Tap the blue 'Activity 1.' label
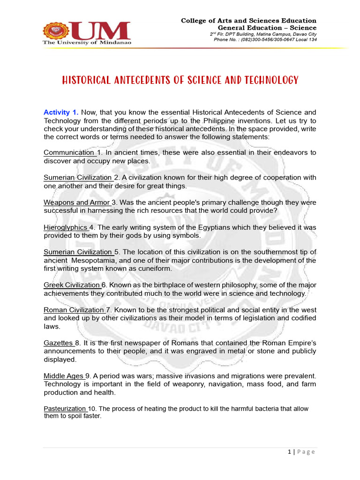[x=61, y=112]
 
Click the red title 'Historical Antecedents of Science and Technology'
[x=180, y=80]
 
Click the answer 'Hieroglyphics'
[x=66, y=227]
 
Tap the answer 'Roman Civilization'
[x=74, y=310]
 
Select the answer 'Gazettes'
[x=58, y=343]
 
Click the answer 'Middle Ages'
[x=63, y=376]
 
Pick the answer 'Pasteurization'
[x=65, y=409]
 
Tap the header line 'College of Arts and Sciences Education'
[x=248, y=21]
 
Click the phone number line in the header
[x=265, y=40]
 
